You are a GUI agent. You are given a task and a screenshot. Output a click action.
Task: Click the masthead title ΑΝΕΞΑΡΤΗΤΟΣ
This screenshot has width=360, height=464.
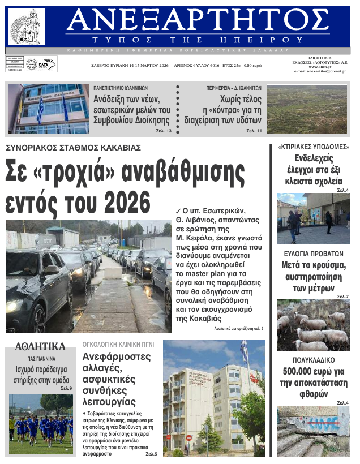pos(197,22)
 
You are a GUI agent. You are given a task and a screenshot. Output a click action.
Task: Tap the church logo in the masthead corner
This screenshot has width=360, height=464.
pos(27,27)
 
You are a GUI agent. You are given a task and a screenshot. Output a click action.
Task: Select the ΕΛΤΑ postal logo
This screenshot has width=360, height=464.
pos(41,65)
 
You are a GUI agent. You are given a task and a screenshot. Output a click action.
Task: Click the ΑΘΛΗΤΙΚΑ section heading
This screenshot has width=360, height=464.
pos(40,347)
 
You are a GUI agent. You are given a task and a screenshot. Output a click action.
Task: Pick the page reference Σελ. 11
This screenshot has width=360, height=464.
pos(254,131)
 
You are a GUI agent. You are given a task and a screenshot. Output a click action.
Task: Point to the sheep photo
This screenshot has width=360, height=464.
pos(313,325)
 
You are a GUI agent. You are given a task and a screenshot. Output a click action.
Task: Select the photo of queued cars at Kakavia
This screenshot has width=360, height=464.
pos(88,276)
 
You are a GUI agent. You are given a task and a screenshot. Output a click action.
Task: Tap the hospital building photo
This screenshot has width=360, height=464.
pos(213,398)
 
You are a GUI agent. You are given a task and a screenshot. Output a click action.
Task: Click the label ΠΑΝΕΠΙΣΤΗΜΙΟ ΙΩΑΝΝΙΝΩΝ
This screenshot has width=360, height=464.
pos(121,88)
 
